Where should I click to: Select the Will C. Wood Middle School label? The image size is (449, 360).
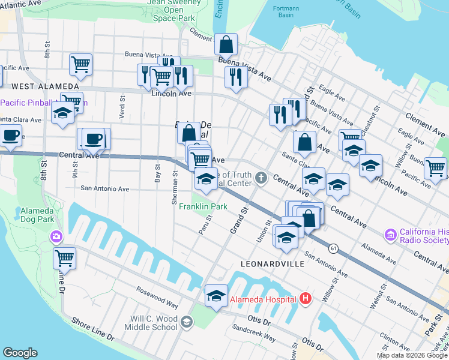(x=151, y=323)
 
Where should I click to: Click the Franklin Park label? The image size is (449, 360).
(x=203, y=207)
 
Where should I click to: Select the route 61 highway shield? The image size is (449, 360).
(x=332, y=247)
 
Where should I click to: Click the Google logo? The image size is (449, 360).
(x=20, y=353)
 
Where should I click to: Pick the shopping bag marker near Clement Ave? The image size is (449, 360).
(x=226, y=44)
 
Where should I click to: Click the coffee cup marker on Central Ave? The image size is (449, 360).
(x=92, y=139)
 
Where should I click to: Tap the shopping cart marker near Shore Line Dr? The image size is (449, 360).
(x=64, y=258)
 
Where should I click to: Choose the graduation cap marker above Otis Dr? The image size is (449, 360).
(x=216, y=295)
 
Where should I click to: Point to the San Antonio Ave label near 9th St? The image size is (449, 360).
(x=105, y=188)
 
